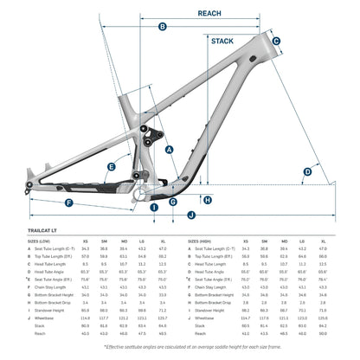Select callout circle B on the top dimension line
coord(163,27)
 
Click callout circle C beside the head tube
coord(276,41)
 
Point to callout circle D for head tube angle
coord(306,172)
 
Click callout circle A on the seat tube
coord(169,149)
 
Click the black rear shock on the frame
coord(157,134)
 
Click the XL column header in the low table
coord(162,242)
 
